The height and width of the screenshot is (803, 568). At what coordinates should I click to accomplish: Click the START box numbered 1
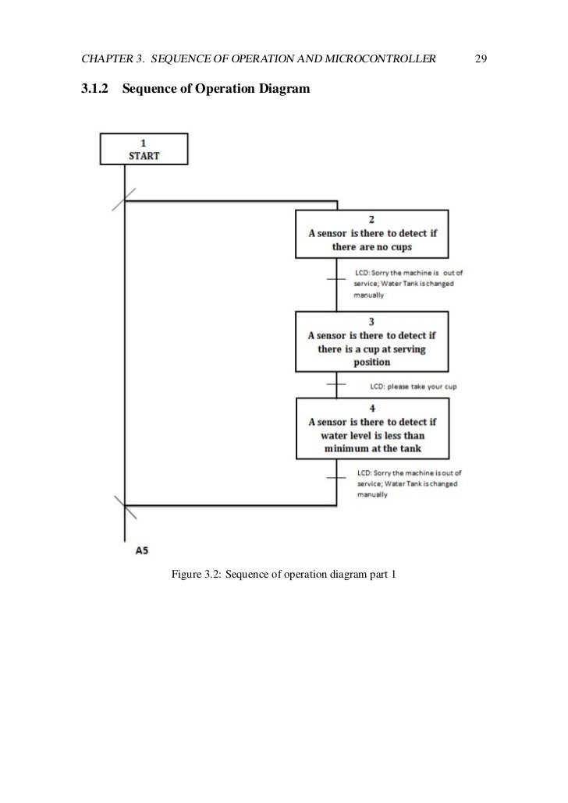click(144, 148)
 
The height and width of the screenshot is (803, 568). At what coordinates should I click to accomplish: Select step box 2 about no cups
click(371, 233)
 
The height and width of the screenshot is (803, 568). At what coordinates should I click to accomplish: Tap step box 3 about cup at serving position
click(371, 342)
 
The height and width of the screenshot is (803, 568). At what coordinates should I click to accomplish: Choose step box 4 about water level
click(371, 429)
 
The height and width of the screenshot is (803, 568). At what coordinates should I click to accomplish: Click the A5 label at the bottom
click(142, 550)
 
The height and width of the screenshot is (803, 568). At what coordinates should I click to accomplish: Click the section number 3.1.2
click(94, 90)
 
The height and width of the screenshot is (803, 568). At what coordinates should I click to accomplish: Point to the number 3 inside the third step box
click(371, 320)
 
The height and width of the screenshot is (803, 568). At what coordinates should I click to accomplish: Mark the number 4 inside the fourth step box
click(371, 407)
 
